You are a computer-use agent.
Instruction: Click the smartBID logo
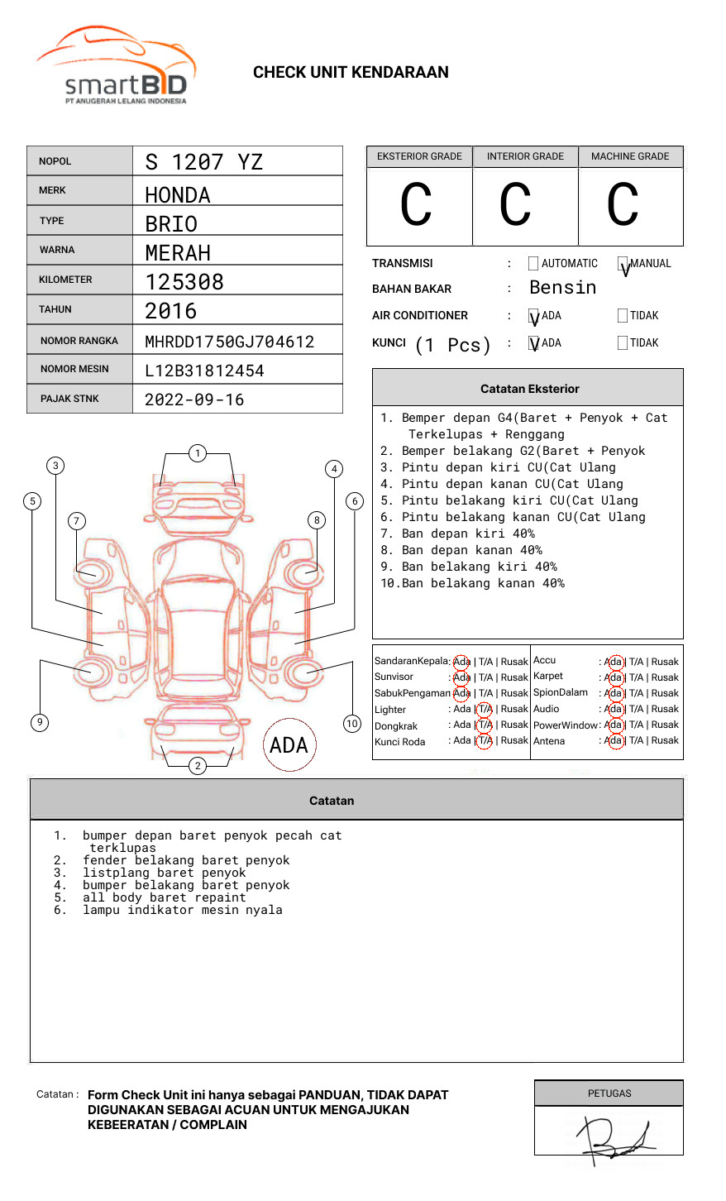click(x=116, y=66)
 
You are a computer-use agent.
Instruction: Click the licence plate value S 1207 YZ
click(x=203, y=162)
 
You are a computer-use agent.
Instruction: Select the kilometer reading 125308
click(x=184, y=282)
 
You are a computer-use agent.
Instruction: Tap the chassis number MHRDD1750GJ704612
click(x=229, y=342)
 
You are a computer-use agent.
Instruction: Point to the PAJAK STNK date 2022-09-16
click(x=194, y=400)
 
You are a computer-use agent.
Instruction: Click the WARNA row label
click(x=57, y=250)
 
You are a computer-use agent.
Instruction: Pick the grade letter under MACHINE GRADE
click(x=623, y=205)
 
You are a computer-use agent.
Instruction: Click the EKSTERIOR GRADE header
click(x=419, y=156)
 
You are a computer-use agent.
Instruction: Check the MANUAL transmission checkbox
click(x=623, y=265)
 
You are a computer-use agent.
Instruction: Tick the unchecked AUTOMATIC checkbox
click(x=533, y=264)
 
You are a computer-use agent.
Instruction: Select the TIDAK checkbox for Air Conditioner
click(x=623, y=316)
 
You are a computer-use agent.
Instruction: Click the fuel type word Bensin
click(x=562, y=288)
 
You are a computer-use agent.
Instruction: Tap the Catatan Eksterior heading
click(x=529, y=389)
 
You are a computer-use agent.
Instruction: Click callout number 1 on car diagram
click(x=197, y=453)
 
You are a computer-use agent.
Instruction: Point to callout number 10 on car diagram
click(x=352, y=724)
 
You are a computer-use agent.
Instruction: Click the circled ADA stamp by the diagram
click(x=289, y=745)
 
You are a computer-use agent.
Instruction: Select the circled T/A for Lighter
click(x=485, y=709)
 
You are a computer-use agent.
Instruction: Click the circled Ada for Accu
click(x=614, y=662)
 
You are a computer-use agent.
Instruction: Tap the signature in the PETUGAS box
click(x=616, y=1136)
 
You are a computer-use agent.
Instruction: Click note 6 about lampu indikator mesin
click(x=182, y=910)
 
